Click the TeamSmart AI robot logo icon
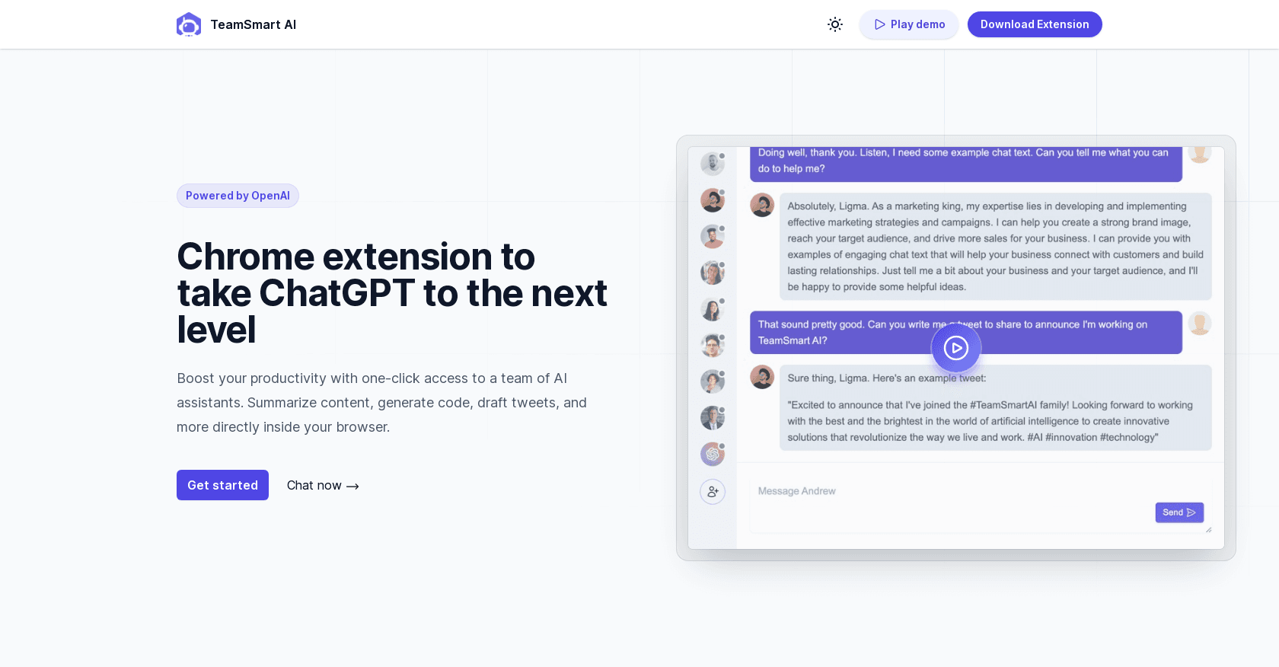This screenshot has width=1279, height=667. [189, 24]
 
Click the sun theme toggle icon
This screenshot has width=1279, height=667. [834, 24]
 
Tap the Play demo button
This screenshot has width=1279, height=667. [909, 24]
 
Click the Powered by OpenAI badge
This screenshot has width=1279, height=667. [238, 196]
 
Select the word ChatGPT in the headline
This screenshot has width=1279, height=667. [336, 293]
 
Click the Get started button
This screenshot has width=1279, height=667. [222, 485]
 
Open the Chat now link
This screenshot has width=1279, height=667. [323, 486]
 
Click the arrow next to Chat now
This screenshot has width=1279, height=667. [353, 486]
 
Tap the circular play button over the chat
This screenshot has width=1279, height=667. [956, 348]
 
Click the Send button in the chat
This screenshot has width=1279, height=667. [1179, 512]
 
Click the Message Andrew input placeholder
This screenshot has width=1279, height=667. [796, 491]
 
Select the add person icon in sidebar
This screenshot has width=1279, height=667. [713, 492]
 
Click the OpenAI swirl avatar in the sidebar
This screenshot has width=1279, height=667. [713, 455]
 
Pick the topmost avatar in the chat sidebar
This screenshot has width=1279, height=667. [713, 164]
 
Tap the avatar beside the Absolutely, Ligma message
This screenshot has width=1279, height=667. [762, 206]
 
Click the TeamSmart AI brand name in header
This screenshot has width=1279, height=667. [253, 24]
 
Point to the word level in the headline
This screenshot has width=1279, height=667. [216, 330]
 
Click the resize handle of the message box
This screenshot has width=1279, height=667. [1209, 529]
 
